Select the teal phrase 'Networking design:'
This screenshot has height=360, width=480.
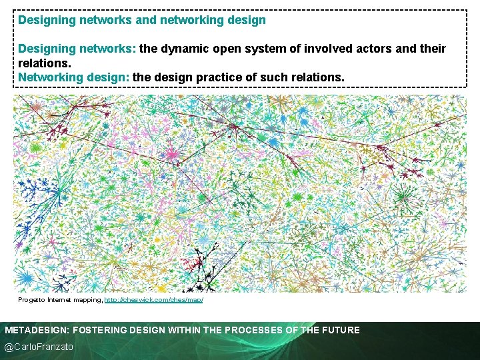tap(74, 77)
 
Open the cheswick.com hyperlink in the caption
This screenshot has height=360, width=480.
tap(153, 300)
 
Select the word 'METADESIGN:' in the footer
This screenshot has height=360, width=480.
tap(37, 330)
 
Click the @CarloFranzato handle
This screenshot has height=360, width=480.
tap(39, 347)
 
